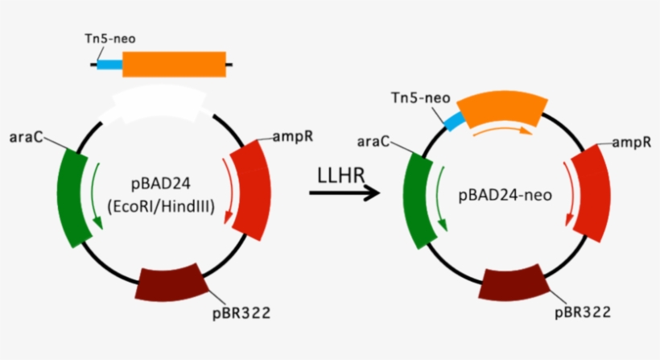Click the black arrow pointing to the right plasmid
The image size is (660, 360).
(344, 193)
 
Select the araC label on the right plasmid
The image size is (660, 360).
(373, 142)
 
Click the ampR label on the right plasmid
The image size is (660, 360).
(632, 143)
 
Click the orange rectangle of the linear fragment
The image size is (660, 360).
(174, 64)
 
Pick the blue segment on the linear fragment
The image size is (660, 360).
(109, 64)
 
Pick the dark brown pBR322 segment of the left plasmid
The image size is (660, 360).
(173, 282)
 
